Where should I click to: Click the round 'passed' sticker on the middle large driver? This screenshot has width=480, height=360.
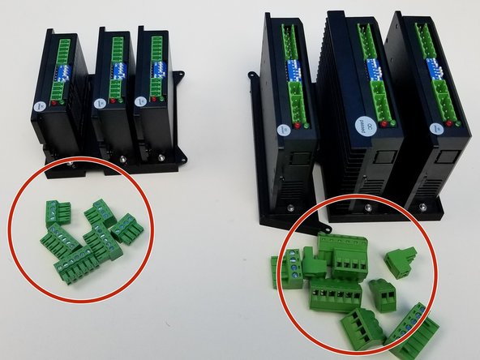point(362,125)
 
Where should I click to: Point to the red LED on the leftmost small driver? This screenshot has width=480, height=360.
point(54,103)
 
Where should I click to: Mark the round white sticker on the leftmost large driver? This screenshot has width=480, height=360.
point(283,129)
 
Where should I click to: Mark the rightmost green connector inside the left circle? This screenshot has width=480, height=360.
point(126,228)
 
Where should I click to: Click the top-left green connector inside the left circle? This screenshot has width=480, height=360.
point(58,211)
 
